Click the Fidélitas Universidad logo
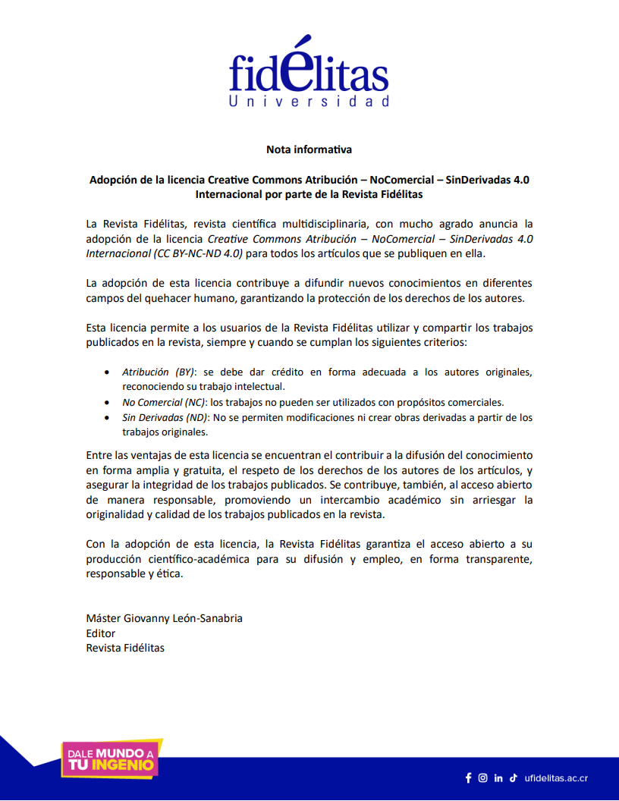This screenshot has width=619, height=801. [309, 72]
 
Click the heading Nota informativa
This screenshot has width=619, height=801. [309, 149]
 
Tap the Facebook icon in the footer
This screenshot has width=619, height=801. [468, 777]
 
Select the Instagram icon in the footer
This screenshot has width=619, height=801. [483, 777]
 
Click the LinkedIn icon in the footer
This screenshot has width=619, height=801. [498, 777]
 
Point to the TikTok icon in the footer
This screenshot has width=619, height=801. [514, 777]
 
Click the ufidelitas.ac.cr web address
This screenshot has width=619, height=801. [556, 778]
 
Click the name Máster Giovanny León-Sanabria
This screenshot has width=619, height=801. [165, 618]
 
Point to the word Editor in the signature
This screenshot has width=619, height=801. [101, 633]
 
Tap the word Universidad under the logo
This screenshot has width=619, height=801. [309, 101]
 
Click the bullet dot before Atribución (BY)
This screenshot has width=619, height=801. [105, 372]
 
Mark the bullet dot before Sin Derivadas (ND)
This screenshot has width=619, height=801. [105, 418]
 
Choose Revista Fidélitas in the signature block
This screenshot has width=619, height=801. [125, 648]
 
